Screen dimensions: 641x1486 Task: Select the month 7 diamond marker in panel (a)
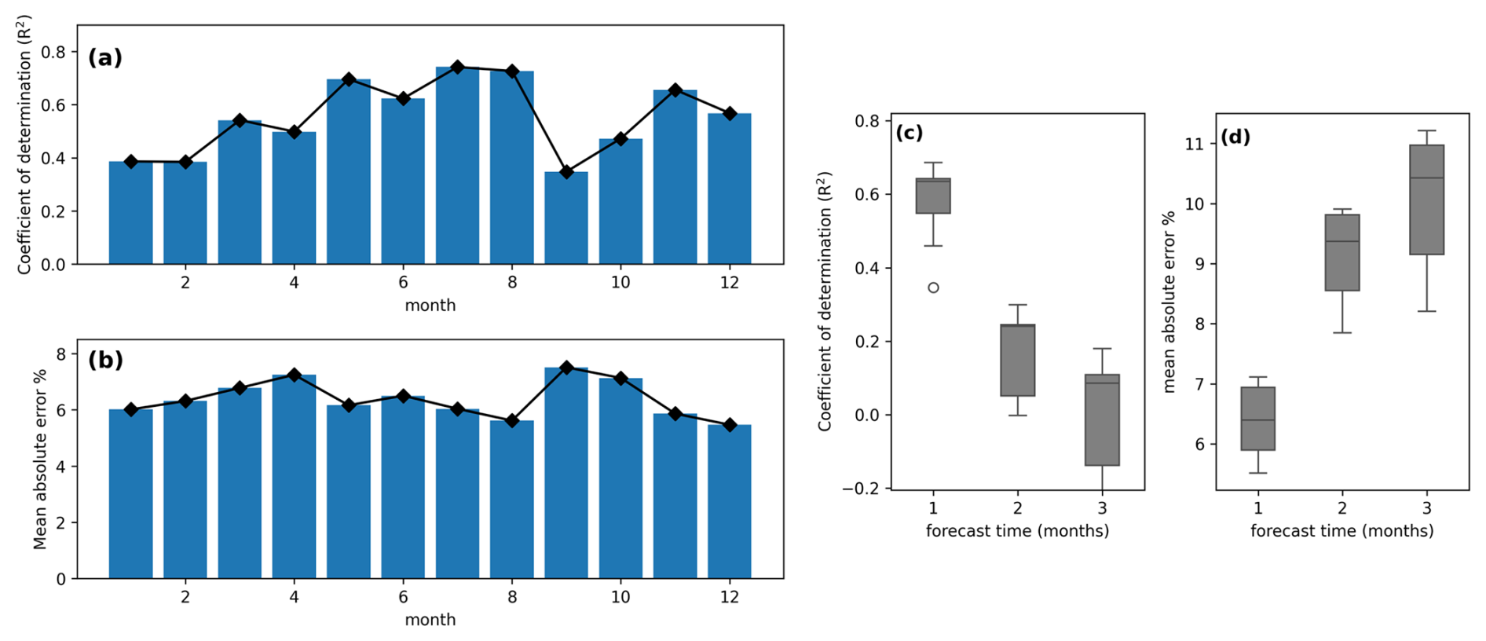tap(457, 67)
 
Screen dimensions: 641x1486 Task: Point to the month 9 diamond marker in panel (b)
tap(565, 368)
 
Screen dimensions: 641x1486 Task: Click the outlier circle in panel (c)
tap(933, 288)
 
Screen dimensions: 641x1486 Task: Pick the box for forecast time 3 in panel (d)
tap(1426, 200)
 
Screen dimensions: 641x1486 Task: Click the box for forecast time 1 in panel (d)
tap(1257, 419)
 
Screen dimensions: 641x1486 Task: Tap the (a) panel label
tap(105, 58)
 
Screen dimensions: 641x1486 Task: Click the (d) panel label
tap(1235, 137)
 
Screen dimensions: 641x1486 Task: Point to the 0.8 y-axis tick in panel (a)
tap(53, 52)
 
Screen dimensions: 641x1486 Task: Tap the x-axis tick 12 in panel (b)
tap(729, 597)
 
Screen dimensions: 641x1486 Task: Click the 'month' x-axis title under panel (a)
tap(430, 306)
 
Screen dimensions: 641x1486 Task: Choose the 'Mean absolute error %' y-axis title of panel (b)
tap(40, 459)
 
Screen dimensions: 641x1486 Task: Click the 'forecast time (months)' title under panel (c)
tap(1017, 531)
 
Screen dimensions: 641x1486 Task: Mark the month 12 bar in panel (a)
tap(729, 189)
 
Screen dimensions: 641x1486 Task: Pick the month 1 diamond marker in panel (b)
tap(131, 409)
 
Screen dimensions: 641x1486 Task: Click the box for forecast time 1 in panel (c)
tap(933, 196)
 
